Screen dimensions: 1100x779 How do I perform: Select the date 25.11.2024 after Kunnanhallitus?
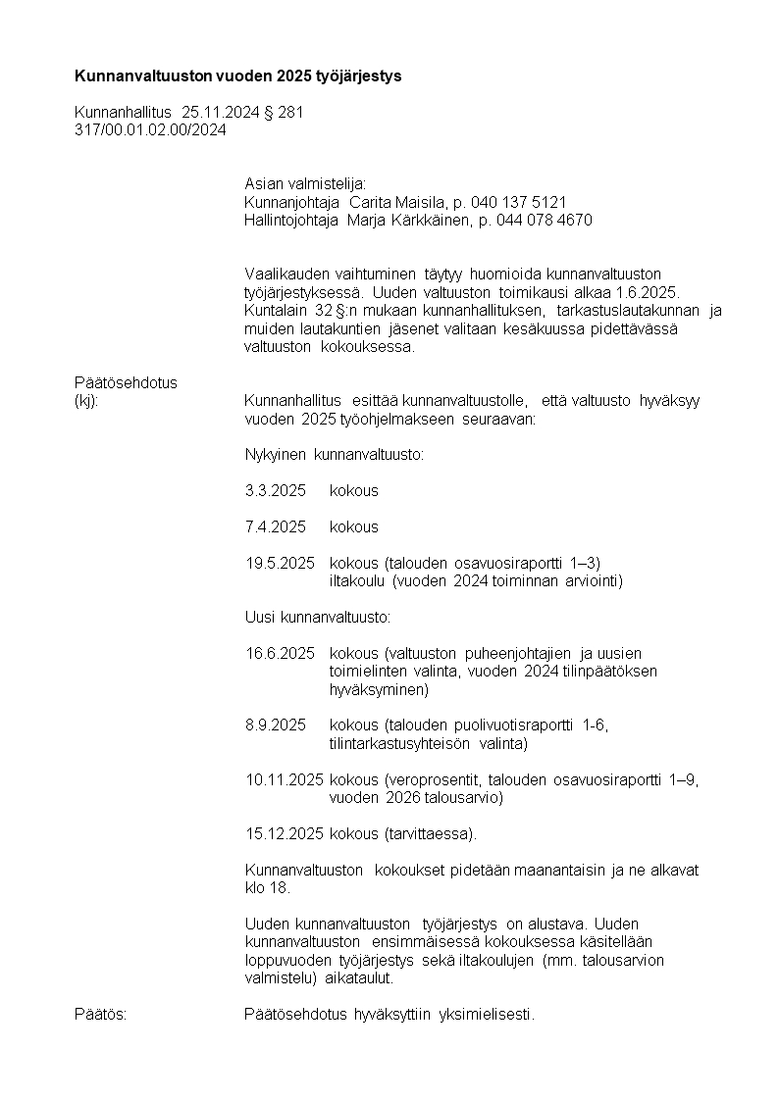point(221,113)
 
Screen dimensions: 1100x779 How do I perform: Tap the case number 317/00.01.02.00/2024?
point(150,129)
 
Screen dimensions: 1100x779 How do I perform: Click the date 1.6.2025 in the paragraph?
point(644,294)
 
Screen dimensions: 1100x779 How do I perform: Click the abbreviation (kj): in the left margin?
point(86,400)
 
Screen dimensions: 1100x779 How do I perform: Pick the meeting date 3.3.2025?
point(276,490)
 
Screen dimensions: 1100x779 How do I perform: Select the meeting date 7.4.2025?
point(276,526)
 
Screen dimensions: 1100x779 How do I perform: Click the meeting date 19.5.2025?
point(280,563)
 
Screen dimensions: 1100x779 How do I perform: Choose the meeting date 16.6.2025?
point(280,653)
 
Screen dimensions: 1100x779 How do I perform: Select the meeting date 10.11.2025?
point(285,779)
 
